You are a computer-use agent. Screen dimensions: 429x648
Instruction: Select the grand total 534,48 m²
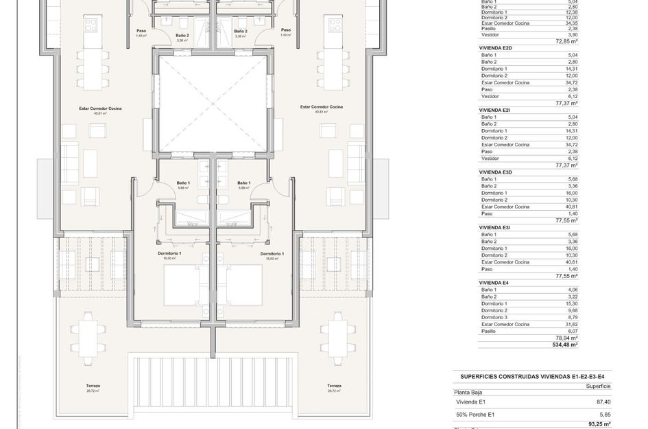tap(565, 345)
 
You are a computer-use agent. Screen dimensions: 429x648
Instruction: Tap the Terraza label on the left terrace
tap(93, 386)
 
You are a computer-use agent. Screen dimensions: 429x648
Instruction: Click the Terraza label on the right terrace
tap(333, 386)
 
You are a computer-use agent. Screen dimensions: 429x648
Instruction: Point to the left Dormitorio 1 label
tap(169, 253)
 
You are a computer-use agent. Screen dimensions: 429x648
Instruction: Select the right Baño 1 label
tap(243, 183)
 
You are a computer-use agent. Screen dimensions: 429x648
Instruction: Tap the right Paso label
tap(285, 30)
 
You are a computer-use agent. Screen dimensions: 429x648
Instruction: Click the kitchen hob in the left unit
tap(91, 25)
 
